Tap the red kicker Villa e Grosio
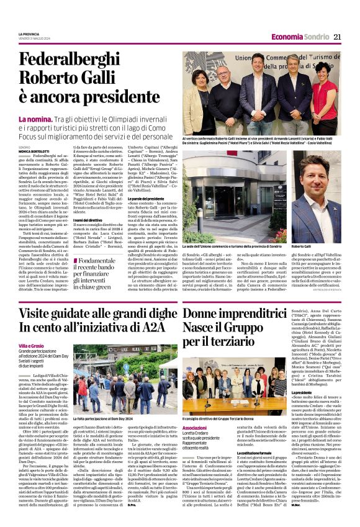(30, 346)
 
